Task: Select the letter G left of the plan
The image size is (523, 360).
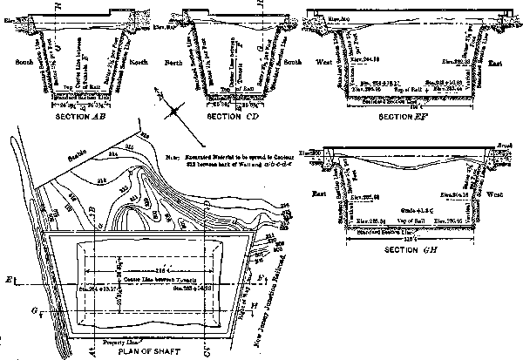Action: (x=8, y=307)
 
